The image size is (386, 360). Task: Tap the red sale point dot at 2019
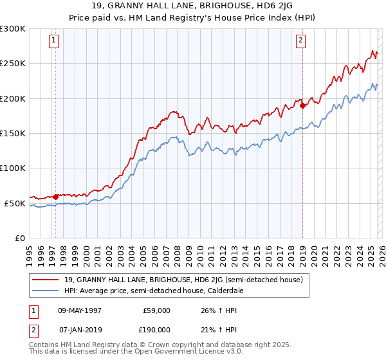[302, 106]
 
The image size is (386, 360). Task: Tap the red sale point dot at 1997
[56, 197]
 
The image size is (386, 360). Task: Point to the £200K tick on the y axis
[14, 98]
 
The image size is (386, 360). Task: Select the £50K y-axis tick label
[14, 203]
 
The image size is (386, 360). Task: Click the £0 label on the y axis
[19, 238]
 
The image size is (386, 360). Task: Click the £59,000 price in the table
[157, 310]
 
